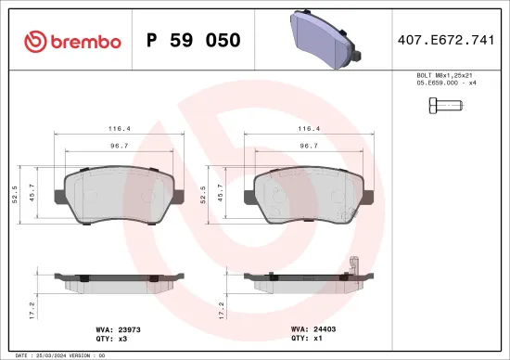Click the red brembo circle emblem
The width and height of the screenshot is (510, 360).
tap(33, 41)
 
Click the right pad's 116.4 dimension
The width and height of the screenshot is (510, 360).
tap(304, 129)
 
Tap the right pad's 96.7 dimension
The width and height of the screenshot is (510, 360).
tap(304, 146)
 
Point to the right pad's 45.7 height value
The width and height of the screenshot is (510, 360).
tap(220, 193)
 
